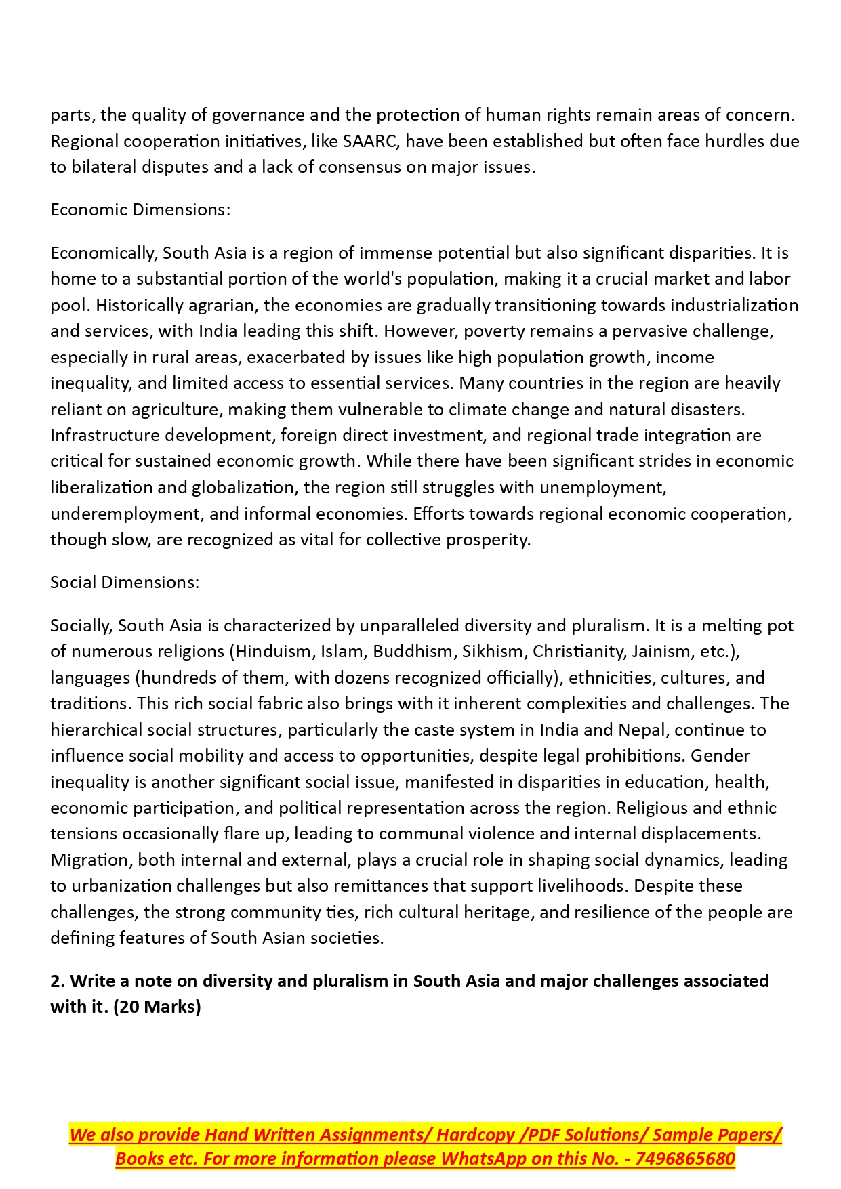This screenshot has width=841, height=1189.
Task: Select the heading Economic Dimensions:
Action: coord(140,209)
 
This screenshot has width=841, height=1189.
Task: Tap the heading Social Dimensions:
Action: coord(125,582)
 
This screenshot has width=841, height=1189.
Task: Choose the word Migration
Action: coord(91,860)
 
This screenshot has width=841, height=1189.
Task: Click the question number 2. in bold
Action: coord(58,981)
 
